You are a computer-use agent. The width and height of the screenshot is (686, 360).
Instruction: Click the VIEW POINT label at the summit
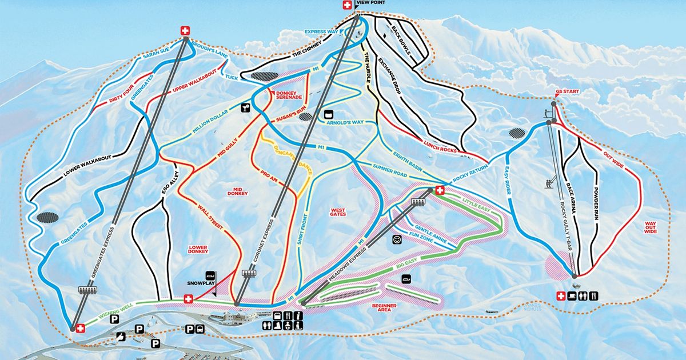370,3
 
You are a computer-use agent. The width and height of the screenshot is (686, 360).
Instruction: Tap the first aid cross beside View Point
346,5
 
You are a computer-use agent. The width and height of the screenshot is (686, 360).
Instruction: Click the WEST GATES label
339,212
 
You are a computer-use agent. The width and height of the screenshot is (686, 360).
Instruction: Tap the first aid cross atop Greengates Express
185,31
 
